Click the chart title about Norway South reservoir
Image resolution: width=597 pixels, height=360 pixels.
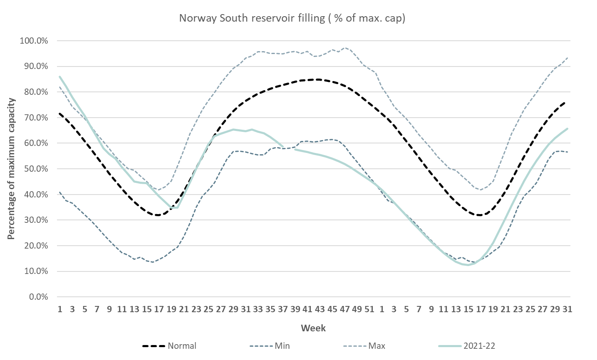click(292, 18)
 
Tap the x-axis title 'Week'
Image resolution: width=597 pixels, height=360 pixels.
click(313, 328)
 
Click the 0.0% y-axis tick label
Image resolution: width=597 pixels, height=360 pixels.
click(37, 297)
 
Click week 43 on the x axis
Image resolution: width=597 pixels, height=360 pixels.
click(320, 309)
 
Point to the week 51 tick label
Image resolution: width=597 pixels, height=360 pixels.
click(369, 309)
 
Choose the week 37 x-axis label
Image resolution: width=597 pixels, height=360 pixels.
click(282, 309)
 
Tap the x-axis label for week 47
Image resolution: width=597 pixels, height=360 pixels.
click(344, 309)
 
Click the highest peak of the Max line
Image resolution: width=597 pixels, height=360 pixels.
click(344, 48)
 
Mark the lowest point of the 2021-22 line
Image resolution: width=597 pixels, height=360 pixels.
click(468, 265)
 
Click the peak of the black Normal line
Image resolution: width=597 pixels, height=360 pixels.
click(318, 79)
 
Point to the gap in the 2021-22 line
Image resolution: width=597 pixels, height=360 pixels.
click(289, 148)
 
